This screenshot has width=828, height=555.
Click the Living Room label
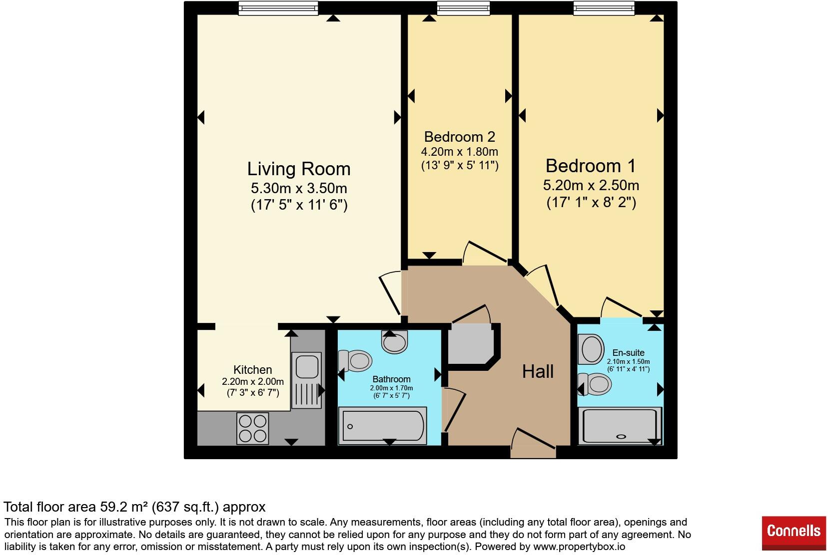coord(299,169)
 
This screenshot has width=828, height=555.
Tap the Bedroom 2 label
coord(459,136)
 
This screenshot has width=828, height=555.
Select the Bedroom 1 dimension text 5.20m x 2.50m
coord(591,185)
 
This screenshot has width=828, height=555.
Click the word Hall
coord(538,371)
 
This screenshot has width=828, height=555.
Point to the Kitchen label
coord(253,370)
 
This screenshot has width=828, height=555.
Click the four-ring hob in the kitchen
coord(252,428)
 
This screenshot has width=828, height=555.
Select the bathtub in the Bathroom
coord(383,426)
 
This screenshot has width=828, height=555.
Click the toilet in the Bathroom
coord(355,360)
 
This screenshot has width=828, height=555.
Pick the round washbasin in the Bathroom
coord(395,342)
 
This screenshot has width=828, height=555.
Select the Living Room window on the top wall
coord(278,7)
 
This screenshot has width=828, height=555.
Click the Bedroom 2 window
coord(463,7)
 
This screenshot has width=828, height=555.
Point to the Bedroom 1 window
coord(604,7)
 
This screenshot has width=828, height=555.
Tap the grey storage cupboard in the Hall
coord(470,345)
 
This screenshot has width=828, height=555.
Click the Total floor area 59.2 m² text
coord(134,507)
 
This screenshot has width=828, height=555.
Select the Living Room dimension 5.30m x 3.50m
coord(299,189)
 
